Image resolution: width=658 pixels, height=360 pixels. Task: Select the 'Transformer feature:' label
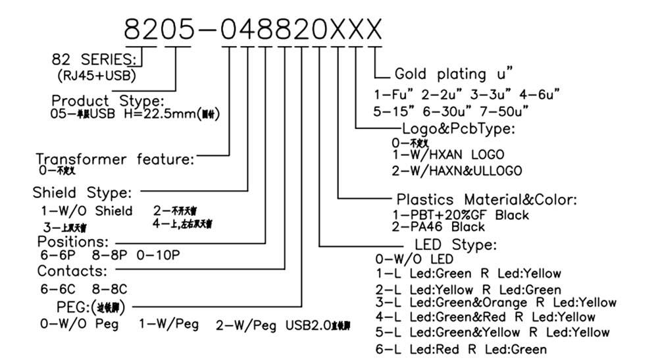(115, 159)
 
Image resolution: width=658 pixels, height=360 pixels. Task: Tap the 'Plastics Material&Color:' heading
(486, 199)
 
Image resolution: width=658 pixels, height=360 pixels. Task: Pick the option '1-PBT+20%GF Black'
(451, 215)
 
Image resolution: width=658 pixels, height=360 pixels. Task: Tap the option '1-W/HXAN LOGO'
(447, 155)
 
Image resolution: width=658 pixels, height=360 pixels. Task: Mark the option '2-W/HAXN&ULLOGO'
(456, 171)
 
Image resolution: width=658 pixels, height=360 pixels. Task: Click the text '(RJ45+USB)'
(96, 75)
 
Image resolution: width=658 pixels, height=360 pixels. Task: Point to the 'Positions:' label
(72, 242)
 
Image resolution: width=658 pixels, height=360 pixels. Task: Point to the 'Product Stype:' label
(107, 101)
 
